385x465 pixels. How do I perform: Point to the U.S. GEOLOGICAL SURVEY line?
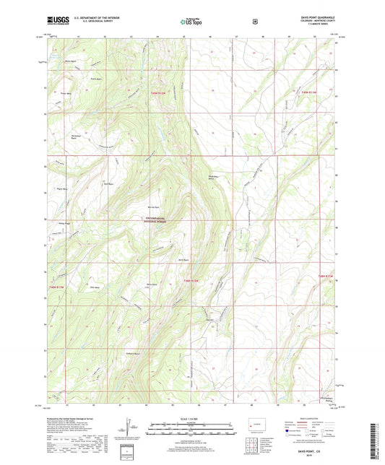87,23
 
